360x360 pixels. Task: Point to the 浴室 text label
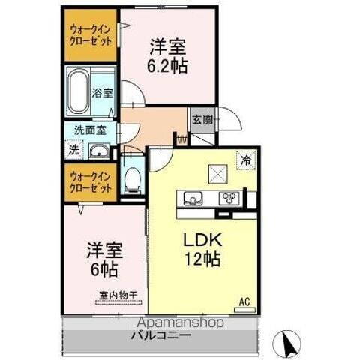(x=103, y=94)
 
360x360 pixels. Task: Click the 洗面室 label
(x=89, y=130)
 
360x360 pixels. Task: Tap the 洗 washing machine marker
(x=73, y=148)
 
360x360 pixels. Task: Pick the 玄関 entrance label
(x=201, y=120)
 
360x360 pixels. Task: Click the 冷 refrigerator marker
(x=244, y=158)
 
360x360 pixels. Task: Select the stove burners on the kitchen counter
(x=228, y=198)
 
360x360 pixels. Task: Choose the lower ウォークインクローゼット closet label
(x=89, y=183)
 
